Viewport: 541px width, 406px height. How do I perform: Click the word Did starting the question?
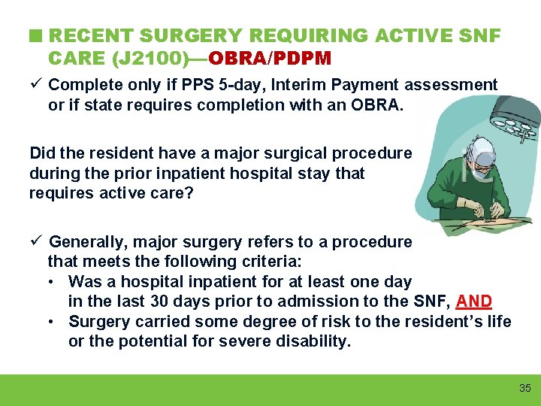(42, 153)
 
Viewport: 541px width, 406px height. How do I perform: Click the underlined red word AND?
(473, 301)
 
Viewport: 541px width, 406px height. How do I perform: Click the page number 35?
(524, 388)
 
